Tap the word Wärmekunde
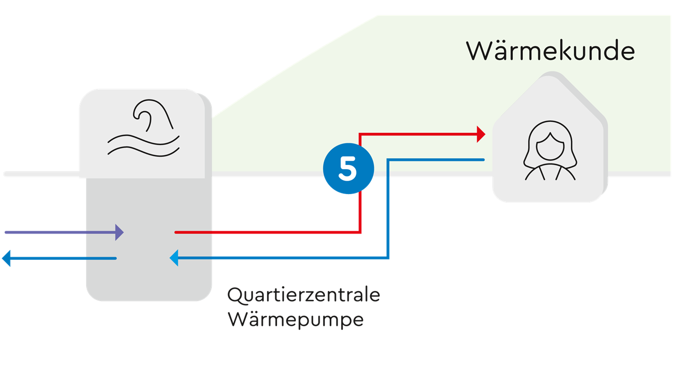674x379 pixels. point(550,51)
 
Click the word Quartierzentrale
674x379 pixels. point(303,295)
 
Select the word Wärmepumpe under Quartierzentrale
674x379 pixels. point(295,319)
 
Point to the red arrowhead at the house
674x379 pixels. point(480,134)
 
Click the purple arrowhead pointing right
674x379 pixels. point(120,232)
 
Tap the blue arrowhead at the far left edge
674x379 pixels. point(6,258)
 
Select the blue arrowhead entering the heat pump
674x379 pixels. point(174,258)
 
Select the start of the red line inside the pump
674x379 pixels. point(176,232)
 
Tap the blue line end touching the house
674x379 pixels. point(482,160)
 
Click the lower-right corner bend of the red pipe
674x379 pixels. point(360,231)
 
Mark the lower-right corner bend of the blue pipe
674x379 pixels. point(388,258)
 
